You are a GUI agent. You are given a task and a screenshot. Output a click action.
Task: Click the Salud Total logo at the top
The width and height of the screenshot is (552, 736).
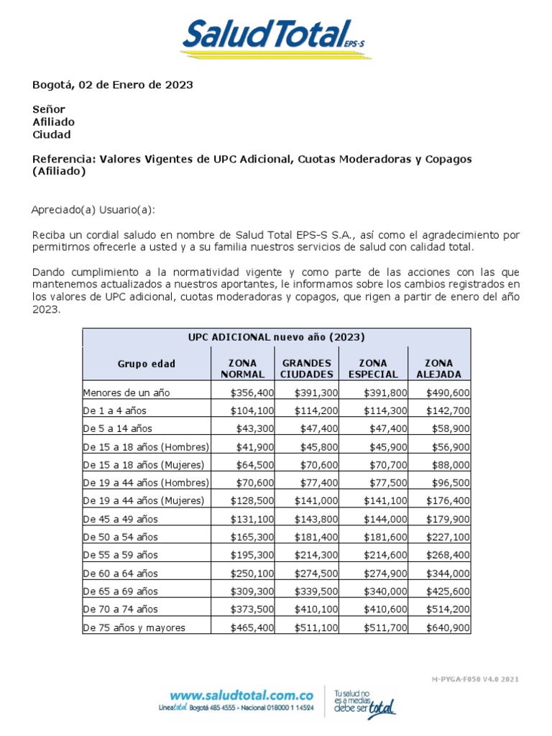tap(276, 36)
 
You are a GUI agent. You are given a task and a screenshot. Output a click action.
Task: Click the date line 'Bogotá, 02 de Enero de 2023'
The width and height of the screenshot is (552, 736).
tap(113, 85)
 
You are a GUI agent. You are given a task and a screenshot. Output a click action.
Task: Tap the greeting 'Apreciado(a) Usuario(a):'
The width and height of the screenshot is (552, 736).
tap(93, 210)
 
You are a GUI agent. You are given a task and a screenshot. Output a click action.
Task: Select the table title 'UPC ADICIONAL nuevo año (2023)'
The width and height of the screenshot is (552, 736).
tap(277, 337)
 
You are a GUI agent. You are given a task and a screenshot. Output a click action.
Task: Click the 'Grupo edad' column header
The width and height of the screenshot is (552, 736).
tap(147, 364)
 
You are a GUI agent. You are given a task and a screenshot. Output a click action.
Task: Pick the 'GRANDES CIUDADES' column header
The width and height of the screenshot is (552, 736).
tap(306, 369)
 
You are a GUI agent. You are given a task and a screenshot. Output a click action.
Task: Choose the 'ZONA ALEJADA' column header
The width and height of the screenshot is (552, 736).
tap(438, 369)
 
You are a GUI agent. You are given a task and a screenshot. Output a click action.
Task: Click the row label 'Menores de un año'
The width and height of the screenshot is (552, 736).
tap(126, 392)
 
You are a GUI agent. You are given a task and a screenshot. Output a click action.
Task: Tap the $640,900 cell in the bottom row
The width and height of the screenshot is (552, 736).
tap(448, 627)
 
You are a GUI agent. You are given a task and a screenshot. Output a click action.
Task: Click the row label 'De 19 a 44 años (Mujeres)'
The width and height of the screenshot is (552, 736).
tap(144, 500)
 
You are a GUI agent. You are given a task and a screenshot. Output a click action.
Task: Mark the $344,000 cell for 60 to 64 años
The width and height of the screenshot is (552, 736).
tap(448, 574)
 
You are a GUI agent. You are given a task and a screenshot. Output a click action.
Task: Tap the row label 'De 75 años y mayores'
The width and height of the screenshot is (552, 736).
tap(134, 627)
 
